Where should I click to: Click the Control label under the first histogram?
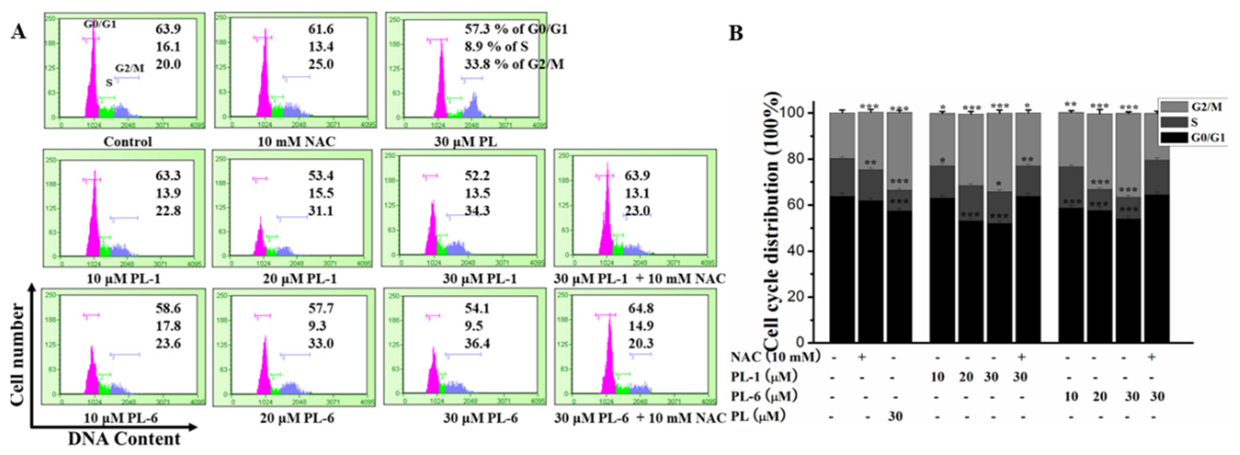(127, 142)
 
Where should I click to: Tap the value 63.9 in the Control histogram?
(168, 29)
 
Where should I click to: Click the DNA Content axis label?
(124, 439)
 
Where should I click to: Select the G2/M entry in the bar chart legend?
(1206, 106)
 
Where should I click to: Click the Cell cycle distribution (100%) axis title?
(771, 221)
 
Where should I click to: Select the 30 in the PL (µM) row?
(895, 416)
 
